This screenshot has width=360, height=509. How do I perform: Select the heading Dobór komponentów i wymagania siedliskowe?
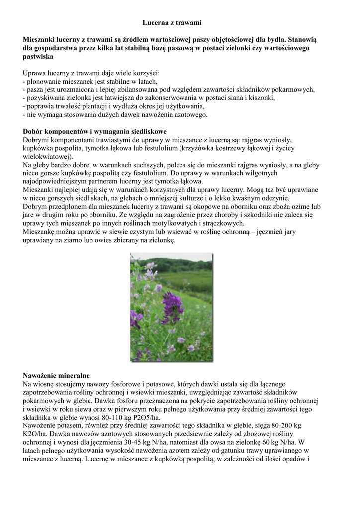(x=94, y=132)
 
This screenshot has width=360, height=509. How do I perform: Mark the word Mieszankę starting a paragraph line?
(x=42, y=232)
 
